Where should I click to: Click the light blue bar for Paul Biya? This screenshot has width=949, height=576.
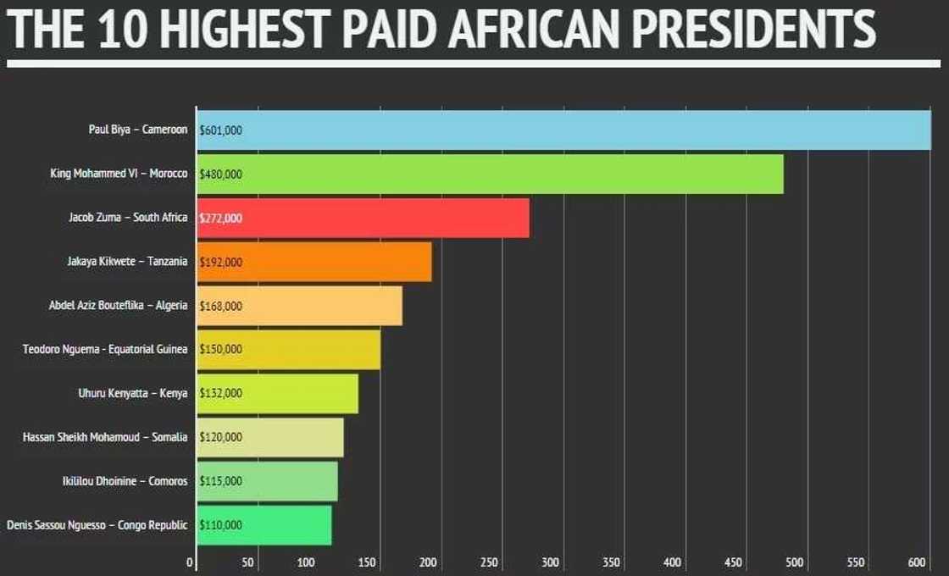(x=563, y=130)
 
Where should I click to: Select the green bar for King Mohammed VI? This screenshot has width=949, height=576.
(x=490, y=174)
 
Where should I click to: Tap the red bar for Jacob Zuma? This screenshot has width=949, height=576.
(x=363, y=218)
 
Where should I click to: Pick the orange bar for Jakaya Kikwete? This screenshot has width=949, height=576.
(x=314, y=262)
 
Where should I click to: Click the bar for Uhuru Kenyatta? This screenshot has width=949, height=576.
(x=277, y=393)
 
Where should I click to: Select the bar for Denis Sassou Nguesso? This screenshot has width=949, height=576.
(x=264, y=525)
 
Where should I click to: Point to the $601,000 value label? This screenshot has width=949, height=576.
(x=220, y=130)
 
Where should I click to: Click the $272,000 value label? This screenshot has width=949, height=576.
(x=220, y=219)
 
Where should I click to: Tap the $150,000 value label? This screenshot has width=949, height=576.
(x=220, y=349)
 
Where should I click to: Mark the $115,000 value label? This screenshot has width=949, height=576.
(x=220, y=481)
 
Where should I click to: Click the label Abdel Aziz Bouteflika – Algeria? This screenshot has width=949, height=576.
(x=118, y=305)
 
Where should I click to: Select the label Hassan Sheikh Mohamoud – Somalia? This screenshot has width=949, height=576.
(x=105, y=437)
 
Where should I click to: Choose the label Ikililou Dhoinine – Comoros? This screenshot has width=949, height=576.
(x=123, y=481)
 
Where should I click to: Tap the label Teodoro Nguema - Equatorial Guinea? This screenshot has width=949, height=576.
(x=105, y=349)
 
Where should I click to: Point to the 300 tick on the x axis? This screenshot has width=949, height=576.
(x=551, y=562)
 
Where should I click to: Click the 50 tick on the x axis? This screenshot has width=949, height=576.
(x=248, y=562)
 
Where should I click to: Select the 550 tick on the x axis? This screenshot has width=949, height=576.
(x=857, y=562)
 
